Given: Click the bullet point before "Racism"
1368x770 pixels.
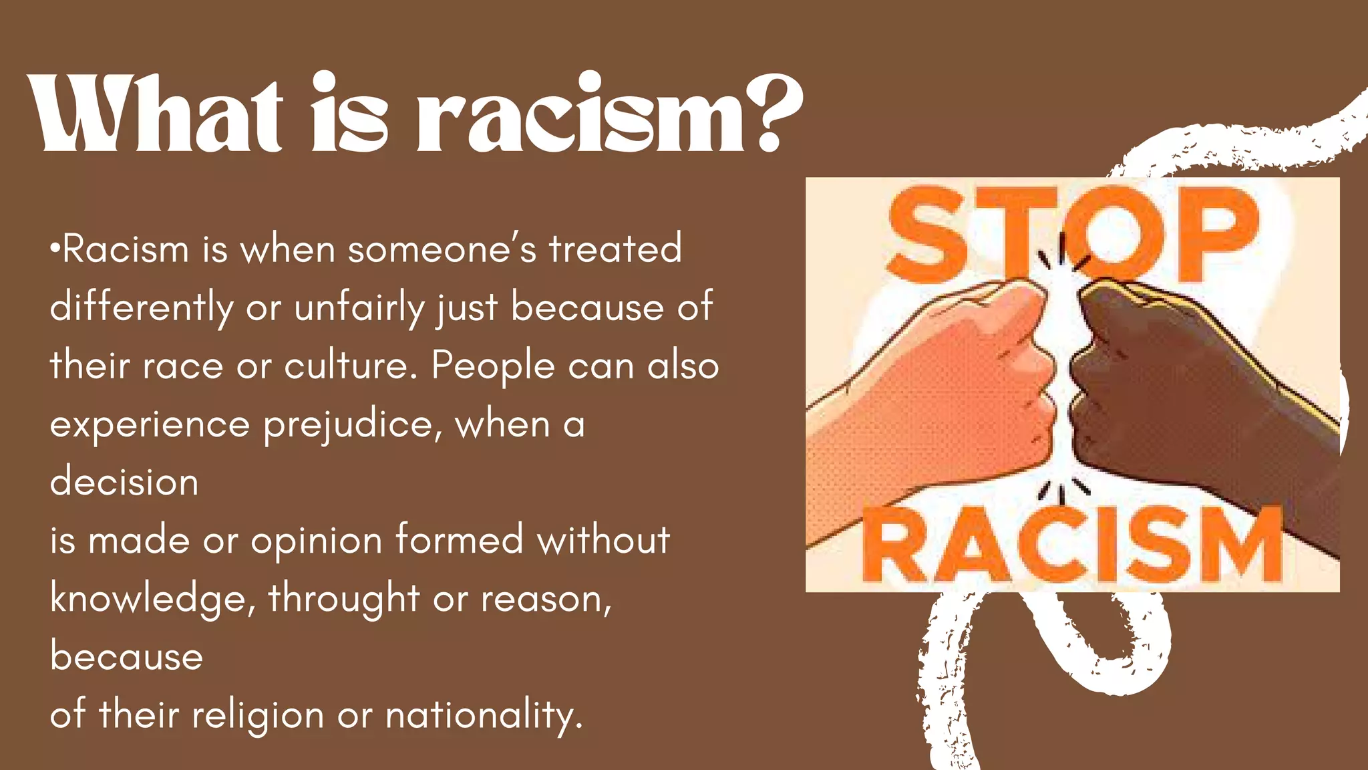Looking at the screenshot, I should click(55, 249).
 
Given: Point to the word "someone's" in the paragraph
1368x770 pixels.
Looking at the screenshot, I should click(442, 249).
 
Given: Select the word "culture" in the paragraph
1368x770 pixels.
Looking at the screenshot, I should click(345, 366).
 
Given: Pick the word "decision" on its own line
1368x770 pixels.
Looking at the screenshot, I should click(124, 482).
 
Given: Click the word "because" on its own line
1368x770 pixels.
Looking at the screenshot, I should click(126, 657).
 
